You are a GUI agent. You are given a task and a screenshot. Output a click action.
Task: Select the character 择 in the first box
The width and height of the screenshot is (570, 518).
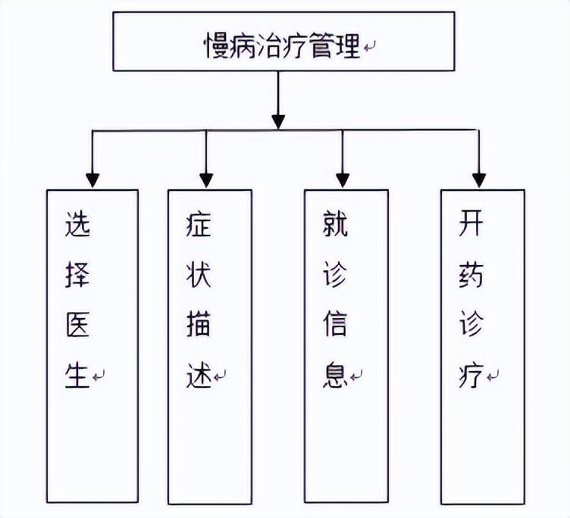[x=78, y=276]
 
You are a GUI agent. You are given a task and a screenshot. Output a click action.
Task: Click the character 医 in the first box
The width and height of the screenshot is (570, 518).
[x=78, y=326]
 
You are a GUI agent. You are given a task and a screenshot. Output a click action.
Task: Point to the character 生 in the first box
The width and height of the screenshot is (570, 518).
[x=78, y=375]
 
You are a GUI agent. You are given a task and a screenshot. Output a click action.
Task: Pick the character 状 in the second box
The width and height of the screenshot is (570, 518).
[x=199, y=276]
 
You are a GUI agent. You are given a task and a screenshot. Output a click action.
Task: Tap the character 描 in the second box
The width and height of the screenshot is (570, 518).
[x=199, y=326]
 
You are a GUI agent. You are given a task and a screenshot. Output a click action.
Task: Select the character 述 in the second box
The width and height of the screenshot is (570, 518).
[x=199, y=375]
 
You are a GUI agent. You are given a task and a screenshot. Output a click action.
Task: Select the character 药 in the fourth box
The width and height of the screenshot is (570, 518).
[x=471, y=276]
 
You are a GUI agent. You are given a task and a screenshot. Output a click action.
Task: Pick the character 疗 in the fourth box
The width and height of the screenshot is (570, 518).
[x=471, y=375]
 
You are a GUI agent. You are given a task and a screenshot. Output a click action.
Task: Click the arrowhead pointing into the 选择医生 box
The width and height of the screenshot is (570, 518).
[x=92, y=180]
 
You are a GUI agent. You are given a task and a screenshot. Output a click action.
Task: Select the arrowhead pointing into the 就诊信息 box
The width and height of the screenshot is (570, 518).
[x=343, y=180]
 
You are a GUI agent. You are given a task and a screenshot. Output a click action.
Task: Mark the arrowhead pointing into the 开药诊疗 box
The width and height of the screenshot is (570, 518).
[x=478, y=180]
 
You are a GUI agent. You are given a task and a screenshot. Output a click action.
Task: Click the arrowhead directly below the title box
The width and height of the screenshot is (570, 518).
[x=278, y=120]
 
